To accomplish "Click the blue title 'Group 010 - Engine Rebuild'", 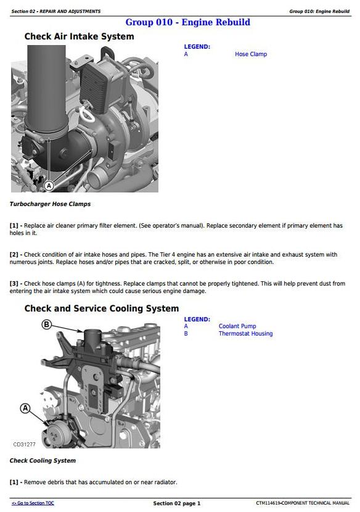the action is click(x=187, y=22).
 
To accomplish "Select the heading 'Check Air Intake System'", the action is click(x=80, y=36).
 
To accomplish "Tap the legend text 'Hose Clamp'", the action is click(x=251, y=54).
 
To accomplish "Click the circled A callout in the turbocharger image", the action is click(x=49, y=186).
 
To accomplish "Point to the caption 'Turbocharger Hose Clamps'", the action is click(x=50, y=204).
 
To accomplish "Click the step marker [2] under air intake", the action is click(x=14, y=255).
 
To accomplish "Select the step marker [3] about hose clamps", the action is click(x=14, y=284).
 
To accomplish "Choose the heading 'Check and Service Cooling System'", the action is click(x=102, y=308).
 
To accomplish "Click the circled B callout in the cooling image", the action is click(x=47, y=324).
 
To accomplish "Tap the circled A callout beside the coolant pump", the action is click(x=25, y=408).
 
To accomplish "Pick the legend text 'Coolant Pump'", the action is click(x=237, y=326).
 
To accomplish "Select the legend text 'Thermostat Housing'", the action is click(x=246, y=334).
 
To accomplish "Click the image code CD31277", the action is click(x=24, y=444).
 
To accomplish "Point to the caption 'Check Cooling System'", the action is click(x=43, y=461).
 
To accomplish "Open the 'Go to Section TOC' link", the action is click(x=33, y=503).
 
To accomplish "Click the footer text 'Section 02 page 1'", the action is click(x=177, y=503).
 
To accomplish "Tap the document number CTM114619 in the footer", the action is click(x=268, y=503).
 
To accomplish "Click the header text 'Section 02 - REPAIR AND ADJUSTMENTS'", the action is click(x=56, y=12).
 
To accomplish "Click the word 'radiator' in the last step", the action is click(x=165, y=482).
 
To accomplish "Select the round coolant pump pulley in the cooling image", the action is click(x=57, y=433).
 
